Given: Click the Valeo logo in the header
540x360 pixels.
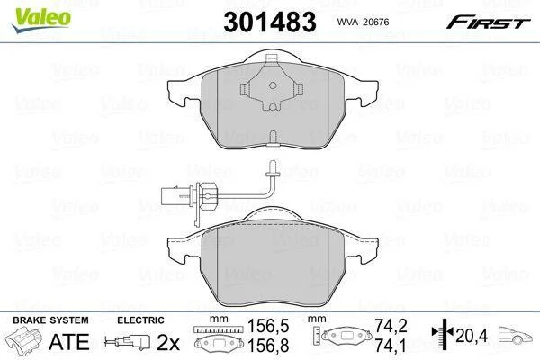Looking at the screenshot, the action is [41, 20].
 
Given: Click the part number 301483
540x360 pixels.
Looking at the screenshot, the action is [270, 22].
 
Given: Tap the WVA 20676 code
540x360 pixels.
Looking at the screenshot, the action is [363, 22].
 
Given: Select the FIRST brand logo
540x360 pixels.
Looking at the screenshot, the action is [488, 22].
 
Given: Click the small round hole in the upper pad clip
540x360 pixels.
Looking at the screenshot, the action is [273, 85].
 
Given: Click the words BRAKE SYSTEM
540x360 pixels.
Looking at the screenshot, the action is [50, 320].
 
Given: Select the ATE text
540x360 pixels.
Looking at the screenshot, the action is [69, 342].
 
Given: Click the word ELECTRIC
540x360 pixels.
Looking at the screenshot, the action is [140, 320].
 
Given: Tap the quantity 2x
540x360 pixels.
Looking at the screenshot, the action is [168, 342].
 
